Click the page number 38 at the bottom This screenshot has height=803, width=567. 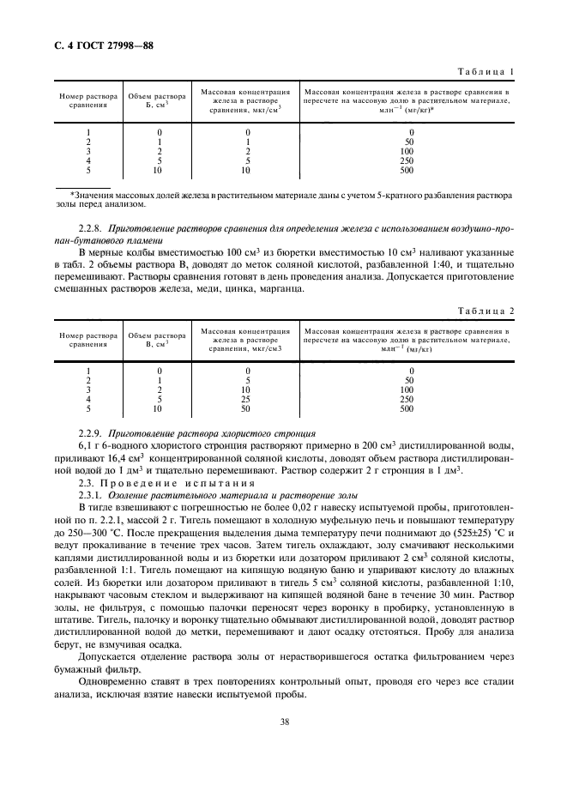(283, 721)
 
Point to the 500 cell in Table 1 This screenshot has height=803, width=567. (407, 171)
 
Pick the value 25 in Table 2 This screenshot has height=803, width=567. (247, 399)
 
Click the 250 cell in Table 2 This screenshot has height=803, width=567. (407, 399)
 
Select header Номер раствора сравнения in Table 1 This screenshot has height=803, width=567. (89, 100)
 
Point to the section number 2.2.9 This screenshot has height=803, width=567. (89, 433)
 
